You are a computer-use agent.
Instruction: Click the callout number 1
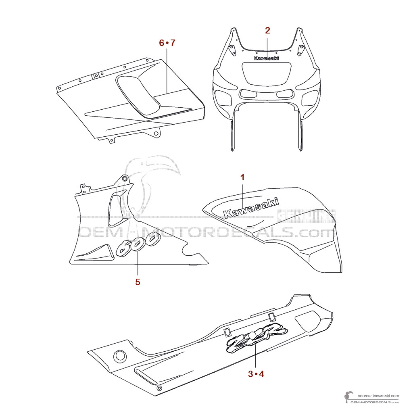tap(242, 177)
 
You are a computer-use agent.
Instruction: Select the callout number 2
tap(267, 30)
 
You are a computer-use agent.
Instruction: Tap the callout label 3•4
tap(256, 374)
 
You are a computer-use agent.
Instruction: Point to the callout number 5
tap(138, 282)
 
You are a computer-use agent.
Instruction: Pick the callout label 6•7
tap(167, 42)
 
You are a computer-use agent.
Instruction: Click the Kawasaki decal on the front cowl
tap(267, 58)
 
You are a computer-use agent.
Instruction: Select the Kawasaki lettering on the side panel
tap(250, 207)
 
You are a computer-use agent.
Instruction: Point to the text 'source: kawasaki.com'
tap(378, 396)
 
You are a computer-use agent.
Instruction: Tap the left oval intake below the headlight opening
tap(248, 94)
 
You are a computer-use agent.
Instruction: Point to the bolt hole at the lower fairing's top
tap(124, 179)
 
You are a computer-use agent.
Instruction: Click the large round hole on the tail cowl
tap(120, 356)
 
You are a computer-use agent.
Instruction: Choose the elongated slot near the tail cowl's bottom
tap(146, 376)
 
